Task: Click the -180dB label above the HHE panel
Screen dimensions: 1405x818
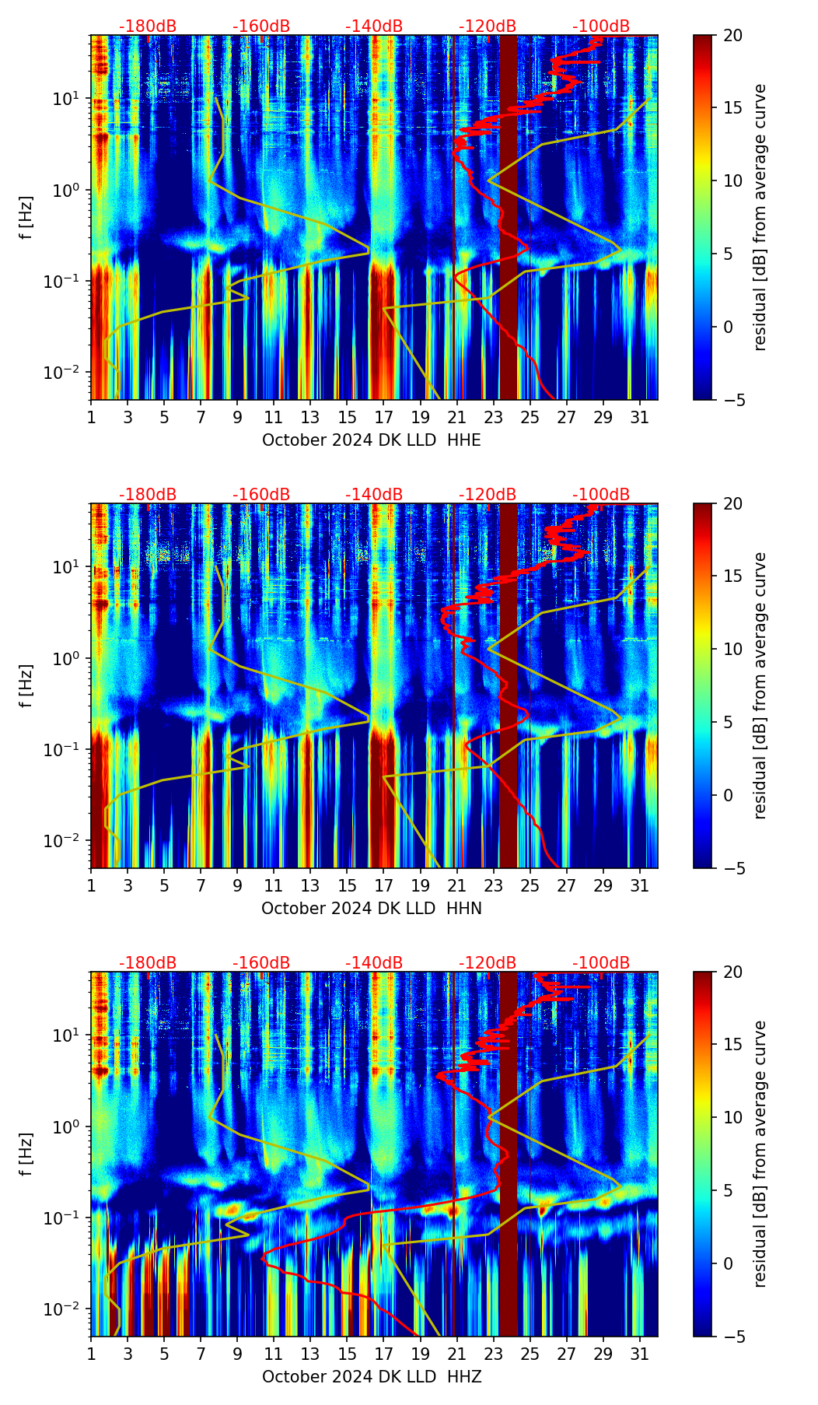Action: [x=148, y=26]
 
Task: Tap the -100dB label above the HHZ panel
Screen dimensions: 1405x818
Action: [x=601, y=963]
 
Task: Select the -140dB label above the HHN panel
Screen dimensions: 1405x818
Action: [x=374, y=495]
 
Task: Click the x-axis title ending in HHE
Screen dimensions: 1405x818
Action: [x=371, y=440]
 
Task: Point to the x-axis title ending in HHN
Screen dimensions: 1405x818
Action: [x=371, y=909]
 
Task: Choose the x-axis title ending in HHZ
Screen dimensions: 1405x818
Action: [x=371, y=1377]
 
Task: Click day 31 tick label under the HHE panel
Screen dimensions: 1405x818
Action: [x=639, y=417]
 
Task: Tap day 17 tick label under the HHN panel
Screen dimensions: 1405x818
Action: [x=383, y=885]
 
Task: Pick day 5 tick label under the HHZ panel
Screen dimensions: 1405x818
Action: [x=164, y=1354]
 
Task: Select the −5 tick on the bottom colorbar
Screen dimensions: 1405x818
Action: [x=729, y=1337]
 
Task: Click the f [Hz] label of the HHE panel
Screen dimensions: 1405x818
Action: [x=26, y=217]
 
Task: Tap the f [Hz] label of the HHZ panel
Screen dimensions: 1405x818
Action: [x=26, y=1154]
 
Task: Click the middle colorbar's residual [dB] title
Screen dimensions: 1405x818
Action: [x=760, y=685]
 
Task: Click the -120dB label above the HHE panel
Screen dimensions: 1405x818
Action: [x=488, y=26]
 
